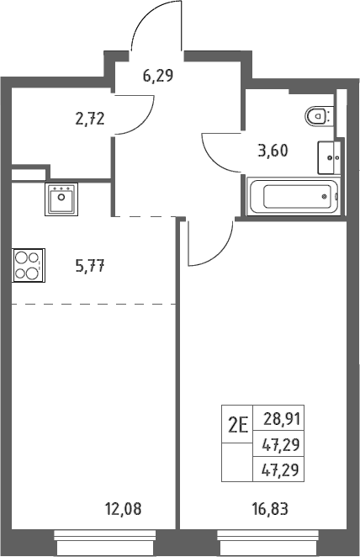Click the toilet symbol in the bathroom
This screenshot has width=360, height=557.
(319, 115)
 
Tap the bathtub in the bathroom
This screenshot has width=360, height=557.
(294, 196)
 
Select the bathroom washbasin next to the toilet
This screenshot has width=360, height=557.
(329, 157)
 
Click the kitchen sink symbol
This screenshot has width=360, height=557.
(61, 199)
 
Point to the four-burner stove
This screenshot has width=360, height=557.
(29, 265)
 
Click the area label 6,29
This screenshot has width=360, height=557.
(158, 76)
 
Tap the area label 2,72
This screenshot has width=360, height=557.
(90, 119)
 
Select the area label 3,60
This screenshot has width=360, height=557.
(273, 151)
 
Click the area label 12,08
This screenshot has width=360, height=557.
(123, 509)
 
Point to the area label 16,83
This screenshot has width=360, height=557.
(270, 509)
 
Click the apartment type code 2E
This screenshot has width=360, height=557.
(238, 425)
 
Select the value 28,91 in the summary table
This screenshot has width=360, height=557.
(282, 419)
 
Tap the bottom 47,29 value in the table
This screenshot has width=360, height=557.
(280, 469)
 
